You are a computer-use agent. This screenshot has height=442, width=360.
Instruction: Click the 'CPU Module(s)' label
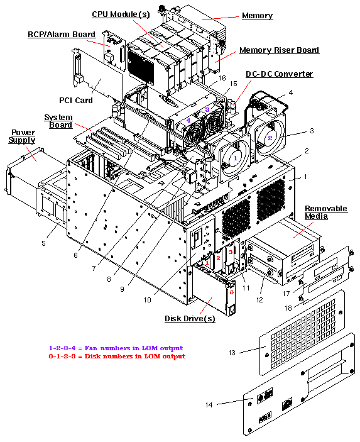pyautogui.click(x=121, y=14)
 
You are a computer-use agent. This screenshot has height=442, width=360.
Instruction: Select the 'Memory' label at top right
pyautogui.click(x=258, y=15)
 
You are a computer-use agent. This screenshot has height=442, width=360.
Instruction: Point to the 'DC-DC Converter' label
pyautogui.click(x=279, y=74)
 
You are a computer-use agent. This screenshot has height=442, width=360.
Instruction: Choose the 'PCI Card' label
pyautogui.click(x=76, y=99)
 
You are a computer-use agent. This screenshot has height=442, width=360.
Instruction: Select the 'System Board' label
pyautogui.click(x=58, y=121)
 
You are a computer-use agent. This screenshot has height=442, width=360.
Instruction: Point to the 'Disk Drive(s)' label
pyautogui.click(x=190, y=319)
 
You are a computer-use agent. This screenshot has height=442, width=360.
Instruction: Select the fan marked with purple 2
pyautogui.click(x=270, y=136)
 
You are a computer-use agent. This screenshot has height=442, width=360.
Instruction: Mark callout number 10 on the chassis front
pyautogui.click(x=147, y=300)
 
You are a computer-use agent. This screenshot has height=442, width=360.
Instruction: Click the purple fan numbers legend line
pyautogui.click(x=116, y=348)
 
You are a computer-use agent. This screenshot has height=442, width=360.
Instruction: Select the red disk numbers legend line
pyautogui.click(x=117, y=356)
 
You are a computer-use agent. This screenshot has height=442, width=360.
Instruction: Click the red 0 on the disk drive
pyautogui.click(x=231, y=292)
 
